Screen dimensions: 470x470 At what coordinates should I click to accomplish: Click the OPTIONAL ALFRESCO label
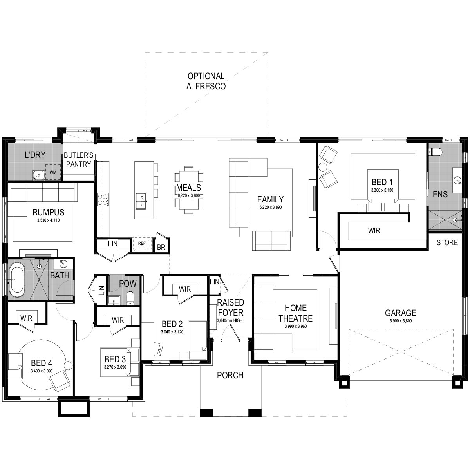(206, 81)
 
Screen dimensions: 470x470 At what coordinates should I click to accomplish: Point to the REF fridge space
(141, 243)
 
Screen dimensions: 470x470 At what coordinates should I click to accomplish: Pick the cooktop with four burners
(103, 200)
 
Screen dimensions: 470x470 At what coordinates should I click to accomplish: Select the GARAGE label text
(400, 313)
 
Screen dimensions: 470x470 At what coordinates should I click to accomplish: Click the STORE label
(447, 242)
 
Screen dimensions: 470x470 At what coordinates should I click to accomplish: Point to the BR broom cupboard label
(161, 248)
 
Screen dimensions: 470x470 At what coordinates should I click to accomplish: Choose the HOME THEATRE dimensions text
(295, 326)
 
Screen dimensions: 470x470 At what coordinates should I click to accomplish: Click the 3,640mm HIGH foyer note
(230, 320)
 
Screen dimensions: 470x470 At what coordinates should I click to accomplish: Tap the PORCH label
(230, 375)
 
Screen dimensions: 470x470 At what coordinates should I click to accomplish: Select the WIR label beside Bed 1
(374, 230)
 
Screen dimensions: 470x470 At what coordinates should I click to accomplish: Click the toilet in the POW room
(130, 298)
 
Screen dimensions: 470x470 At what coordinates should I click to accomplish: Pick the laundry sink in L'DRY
(38, 175)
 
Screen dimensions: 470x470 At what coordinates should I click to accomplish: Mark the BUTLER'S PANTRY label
(78, 160)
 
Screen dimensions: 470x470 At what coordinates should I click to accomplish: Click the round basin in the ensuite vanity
(457, 181)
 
